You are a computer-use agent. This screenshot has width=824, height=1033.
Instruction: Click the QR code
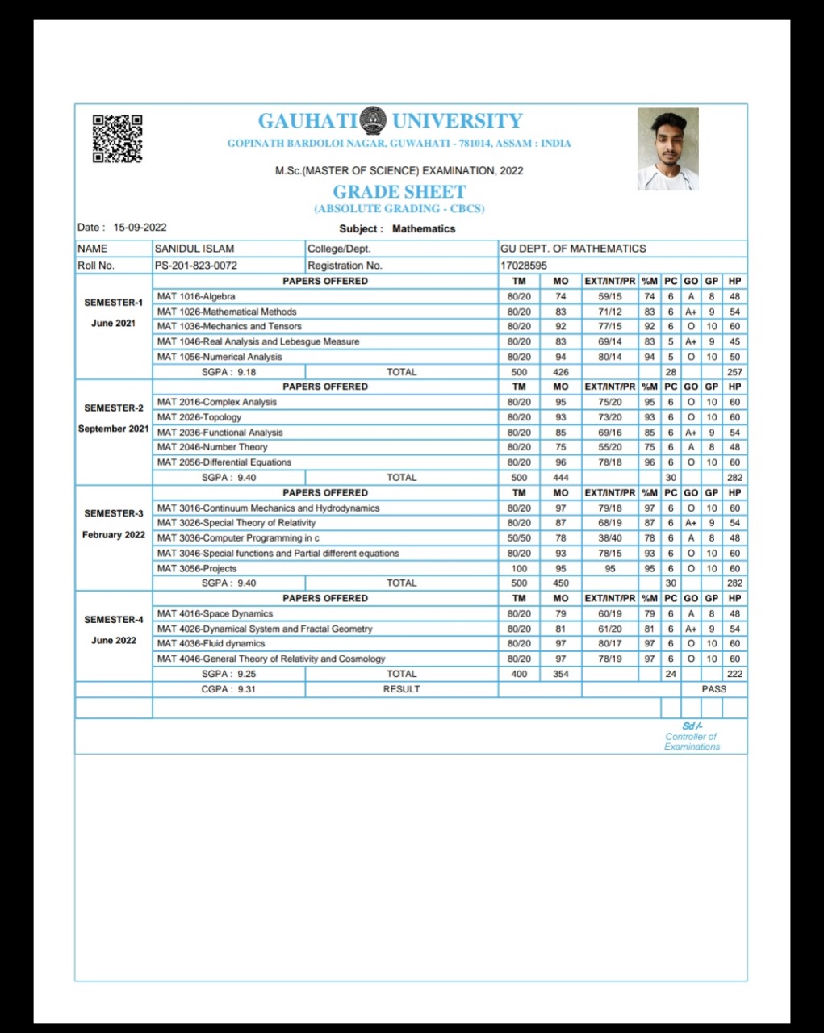[118, 138]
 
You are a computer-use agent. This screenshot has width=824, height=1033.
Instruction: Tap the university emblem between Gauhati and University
[373, 121]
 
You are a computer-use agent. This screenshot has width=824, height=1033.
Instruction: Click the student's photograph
[667, 149]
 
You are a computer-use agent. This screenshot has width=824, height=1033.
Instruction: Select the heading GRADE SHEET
[399, 192]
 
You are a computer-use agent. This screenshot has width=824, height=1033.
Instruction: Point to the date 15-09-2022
[140, 228]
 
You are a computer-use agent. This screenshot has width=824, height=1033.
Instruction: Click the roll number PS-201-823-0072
[196, 266]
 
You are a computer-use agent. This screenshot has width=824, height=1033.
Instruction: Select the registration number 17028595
[524, 266]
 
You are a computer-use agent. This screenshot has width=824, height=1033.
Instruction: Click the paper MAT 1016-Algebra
[196, 296]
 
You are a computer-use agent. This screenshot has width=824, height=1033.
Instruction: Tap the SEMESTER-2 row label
[114, 408]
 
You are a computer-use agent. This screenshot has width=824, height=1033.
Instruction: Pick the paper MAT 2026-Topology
[199, 417]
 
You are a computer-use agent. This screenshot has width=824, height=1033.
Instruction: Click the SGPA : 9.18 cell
[228, 372]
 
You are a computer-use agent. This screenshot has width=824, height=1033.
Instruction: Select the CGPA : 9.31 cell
[228, 689]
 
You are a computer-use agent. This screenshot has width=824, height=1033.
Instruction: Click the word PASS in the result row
[713, 689]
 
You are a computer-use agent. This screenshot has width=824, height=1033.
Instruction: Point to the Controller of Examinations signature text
[692, 737]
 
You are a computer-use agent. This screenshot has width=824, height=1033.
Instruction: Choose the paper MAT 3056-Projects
[197, 569]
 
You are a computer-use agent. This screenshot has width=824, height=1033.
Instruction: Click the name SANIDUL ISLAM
[194, 249]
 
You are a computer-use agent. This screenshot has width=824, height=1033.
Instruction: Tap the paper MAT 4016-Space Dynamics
[215, 614]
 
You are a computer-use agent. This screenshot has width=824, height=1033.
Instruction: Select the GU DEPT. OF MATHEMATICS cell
[573, 249]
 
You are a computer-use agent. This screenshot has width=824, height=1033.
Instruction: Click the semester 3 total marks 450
[561, 583]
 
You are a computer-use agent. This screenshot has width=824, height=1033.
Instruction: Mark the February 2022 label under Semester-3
[114, 535]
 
